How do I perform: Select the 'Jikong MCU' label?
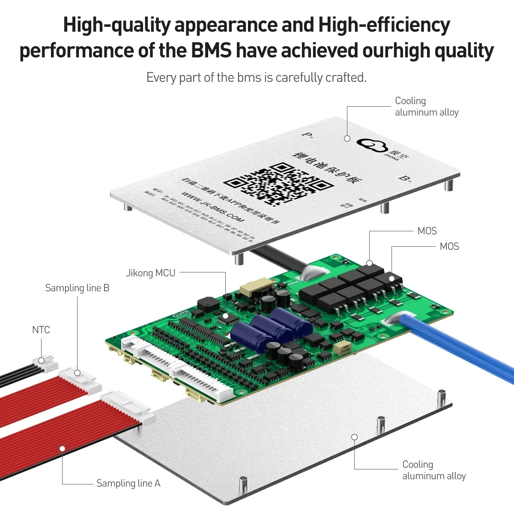150,273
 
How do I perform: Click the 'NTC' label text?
41,330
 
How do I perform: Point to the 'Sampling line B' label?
77,288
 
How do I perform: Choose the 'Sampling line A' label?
128,483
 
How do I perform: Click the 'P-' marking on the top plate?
307,134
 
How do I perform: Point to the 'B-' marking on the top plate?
405,178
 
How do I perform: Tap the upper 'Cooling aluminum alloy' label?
426,107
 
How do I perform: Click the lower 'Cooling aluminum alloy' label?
433,470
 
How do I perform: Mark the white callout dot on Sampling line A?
62,448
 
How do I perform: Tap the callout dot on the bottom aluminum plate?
354,437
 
